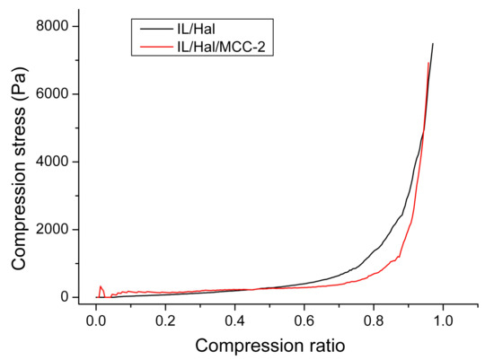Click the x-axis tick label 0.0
(96, 319)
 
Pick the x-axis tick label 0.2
(165, 319)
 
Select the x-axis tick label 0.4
(234, 319)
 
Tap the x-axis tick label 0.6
(304, 319)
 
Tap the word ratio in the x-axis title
(319, 344)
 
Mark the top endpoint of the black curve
(433, 43)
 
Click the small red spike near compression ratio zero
(101, 288)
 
